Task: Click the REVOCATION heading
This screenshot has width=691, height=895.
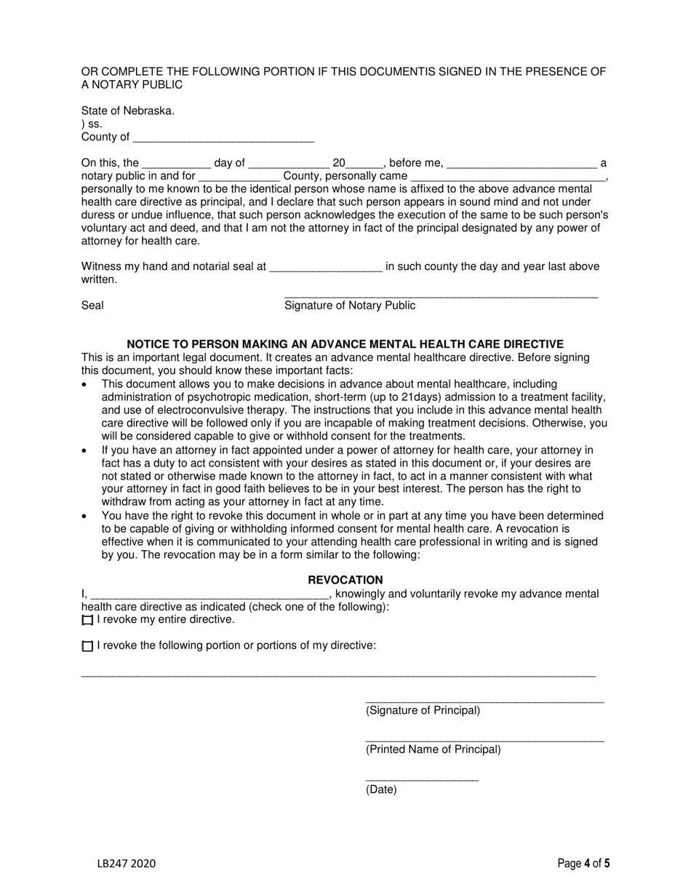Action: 345,580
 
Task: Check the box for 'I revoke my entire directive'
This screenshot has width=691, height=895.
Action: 88,621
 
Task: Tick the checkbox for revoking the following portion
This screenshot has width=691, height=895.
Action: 88,646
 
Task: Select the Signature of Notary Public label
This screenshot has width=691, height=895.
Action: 349,306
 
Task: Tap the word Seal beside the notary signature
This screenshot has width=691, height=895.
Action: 92,306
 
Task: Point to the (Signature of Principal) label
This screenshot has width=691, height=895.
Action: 423,711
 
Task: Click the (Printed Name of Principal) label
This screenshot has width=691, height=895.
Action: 433,749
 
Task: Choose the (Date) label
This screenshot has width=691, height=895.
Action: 381,789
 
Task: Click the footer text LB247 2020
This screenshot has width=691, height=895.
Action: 126,864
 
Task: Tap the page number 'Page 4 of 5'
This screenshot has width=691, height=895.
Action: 583,864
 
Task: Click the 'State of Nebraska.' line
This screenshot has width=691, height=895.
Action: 128,111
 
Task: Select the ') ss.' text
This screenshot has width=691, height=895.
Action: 92,124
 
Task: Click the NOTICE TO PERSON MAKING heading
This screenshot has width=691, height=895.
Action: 345,344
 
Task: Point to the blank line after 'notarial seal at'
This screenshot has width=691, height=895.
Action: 325,268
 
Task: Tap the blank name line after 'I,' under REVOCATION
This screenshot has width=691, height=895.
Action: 209,595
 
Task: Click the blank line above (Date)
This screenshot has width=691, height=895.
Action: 422,779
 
